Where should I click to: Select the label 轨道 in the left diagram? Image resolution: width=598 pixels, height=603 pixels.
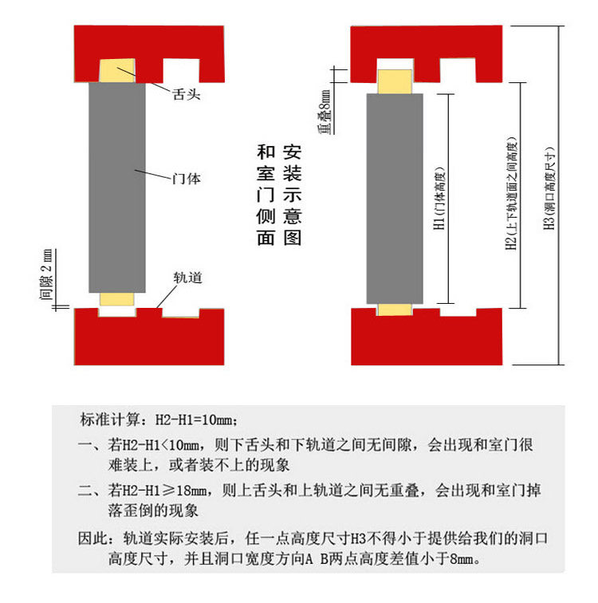click(187, 278)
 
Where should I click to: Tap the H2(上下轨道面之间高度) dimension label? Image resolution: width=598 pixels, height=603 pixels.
click(512, 194)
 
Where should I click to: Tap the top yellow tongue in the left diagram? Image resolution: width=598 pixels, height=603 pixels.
click(117, 71)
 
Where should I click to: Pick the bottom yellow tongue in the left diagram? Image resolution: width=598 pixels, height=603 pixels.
click(116, 299)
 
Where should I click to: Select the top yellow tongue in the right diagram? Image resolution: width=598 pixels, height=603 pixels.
click(394, 81)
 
